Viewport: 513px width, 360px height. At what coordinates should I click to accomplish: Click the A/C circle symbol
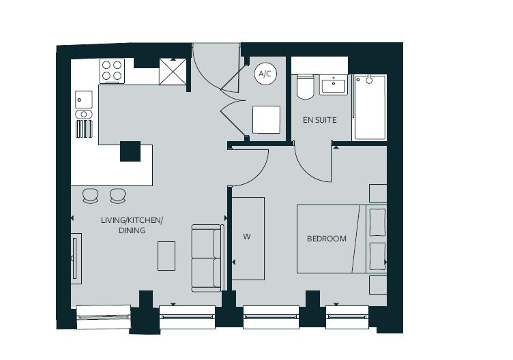(x=265, y=74)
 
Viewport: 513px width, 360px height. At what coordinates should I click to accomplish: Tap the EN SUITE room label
(x=319, y=120)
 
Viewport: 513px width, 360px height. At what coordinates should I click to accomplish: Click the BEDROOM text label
(x=326, y=239)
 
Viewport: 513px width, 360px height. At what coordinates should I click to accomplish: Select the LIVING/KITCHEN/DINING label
(x=132, y=225)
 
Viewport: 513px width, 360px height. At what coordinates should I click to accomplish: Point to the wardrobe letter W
(x=247, y=237)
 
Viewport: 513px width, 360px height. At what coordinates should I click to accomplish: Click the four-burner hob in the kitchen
(x=112, y=71)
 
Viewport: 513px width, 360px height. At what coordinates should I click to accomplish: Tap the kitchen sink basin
(x=83, y=99)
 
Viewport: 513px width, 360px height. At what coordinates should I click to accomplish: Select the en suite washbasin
(x=334, y=85)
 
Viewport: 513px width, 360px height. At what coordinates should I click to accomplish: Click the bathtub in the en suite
(x=369, y=107)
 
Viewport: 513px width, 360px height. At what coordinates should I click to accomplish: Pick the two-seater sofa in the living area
(x=207, y=258)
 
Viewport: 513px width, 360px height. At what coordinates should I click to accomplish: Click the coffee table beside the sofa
(x=166, y=256)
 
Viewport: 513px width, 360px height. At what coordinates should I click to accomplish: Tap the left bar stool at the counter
(x=91, y=196)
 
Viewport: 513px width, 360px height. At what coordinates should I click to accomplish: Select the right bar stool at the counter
(x=118, y=196)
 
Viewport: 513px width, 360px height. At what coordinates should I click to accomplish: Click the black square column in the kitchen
(x=130, y=151)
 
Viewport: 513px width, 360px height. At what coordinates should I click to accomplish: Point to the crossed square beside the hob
(x=173, y=71)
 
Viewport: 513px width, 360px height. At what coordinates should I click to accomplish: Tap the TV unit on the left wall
(x=76, y=258)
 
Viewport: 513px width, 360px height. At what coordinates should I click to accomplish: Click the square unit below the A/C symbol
(x=266, y=120)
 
